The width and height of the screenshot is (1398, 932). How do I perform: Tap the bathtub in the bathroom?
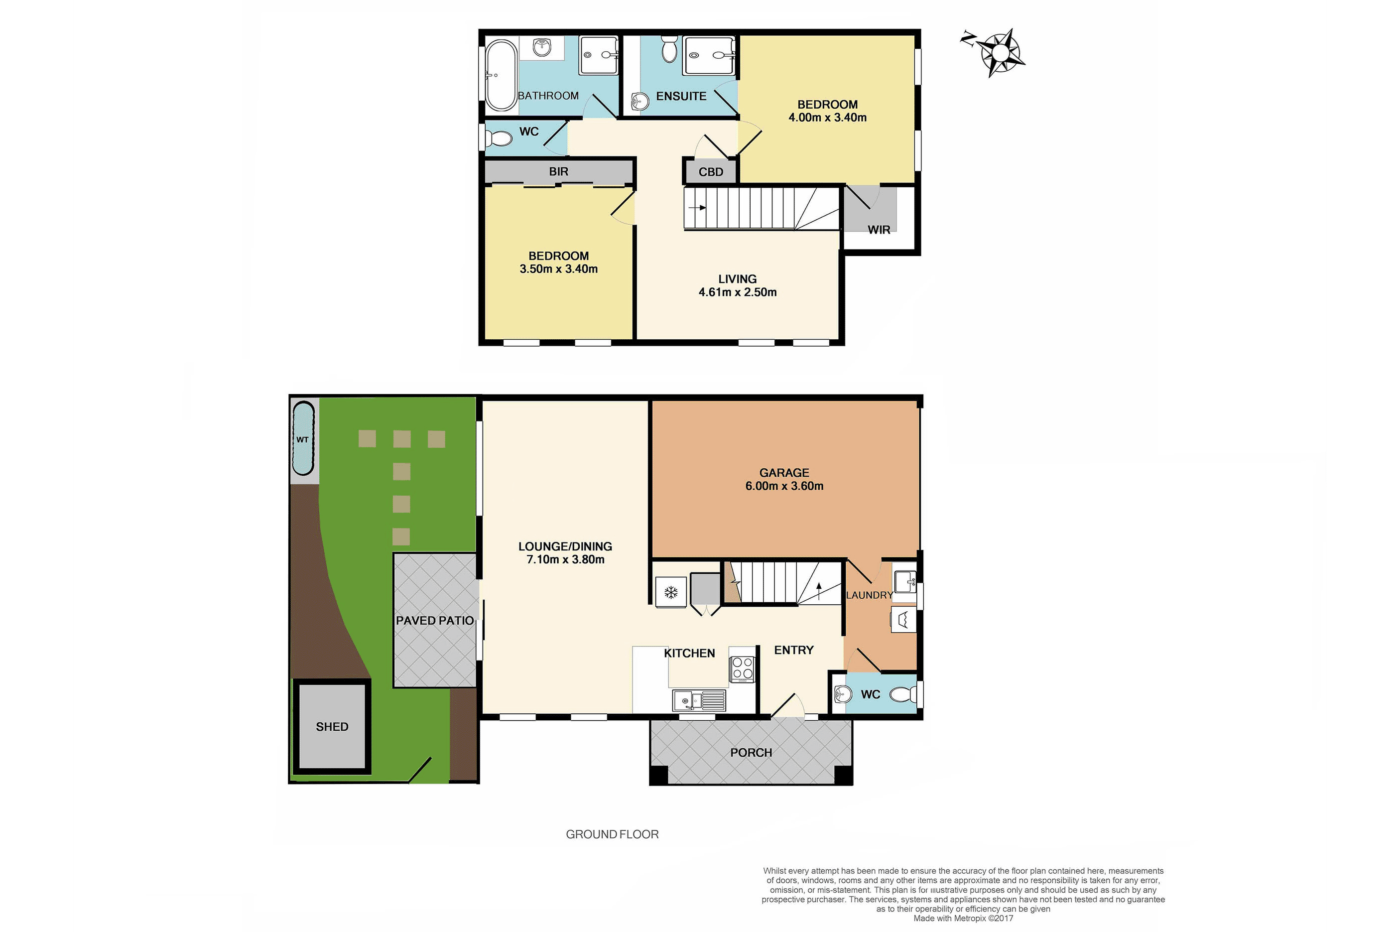pyautogui.click(x=501, y=76)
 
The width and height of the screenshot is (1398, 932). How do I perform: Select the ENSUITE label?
pyautogui.click(x=681, y=96)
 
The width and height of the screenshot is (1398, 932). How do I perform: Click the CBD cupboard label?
pyautogui.click(x=711, y=172)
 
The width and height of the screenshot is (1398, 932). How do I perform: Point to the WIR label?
pyautogui.click(x=879, y=230)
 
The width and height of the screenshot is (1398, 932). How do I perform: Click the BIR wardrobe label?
pyautogui.click(x=558, y=172)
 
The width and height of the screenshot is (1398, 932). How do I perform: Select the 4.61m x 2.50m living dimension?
pyautogui.click(x=737, y=292)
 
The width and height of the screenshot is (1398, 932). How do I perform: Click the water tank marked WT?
pyautogui.click(x=303, y=439)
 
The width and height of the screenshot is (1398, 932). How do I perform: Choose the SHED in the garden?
pyautogui.click(x=332, y=726)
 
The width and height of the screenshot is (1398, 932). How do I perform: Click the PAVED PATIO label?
pyautogui.click(x=435, y=621)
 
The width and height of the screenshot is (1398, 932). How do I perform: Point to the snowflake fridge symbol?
pyautogui.click(x=671, y=593)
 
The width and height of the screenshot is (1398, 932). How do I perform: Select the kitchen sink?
pyautogui.click(x=699, y=701)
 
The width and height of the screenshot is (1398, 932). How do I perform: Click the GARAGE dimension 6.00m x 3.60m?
pyautogui.click(x=784, y=486)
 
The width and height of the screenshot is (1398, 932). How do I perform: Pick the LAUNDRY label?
pyautogui.click(x=869, y=595)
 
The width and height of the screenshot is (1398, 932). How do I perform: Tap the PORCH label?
pyautogui.click(x=751, y=753)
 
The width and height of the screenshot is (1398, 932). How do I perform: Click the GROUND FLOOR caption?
pyautogui.click(x=612, y=834)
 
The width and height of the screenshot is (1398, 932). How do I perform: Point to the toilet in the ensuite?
pyautogui.click(x=669, y=49)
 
